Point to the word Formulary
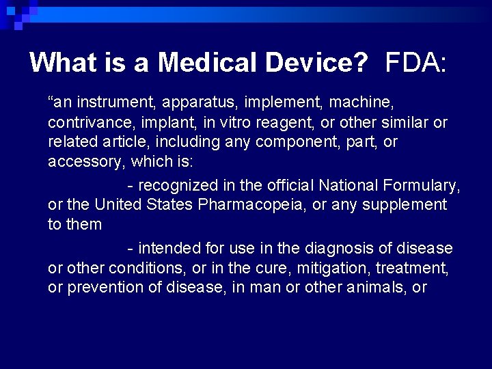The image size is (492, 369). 427,185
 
